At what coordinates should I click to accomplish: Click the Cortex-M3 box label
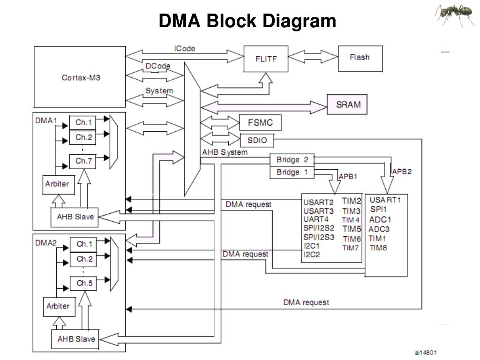[x=81, y=78]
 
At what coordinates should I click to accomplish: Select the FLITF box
[x=266, y=59]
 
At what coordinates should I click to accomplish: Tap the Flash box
[x=360, y=59]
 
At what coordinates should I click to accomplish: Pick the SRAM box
[x=347, y=105]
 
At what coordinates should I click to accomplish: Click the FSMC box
[x=260, y=122]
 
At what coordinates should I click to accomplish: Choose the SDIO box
[x=257, y=140]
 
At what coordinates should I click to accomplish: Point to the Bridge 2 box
[x=292, y=160]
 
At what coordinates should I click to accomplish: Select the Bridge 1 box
[x=292, y=172]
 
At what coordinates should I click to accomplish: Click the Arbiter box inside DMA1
[x=58, y=185]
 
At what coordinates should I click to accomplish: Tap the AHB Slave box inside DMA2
[x=75, y=339]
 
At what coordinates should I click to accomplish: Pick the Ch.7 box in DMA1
[x=82, y=161]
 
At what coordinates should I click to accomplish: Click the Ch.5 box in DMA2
[x=83, y=283]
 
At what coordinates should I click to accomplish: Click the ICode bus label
[x=184, y=48]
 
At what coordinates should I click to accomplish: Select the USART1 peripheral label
[x=385, y=200]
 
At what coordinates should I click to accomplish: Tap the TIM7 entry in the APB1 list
[x=351, y=247]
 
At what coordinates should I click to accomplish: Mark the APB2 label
[x=402, y=172]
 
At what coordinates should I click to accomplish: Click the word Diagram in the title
[x=300, y=21]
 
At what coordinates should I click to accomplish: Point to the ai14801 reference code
[x=426, y=352]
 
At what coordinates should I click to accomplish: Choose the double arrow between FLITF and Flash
[x=313, y=57]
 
